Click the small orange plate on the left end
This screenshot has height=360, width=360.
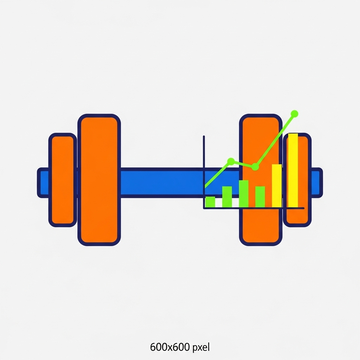(63, 180)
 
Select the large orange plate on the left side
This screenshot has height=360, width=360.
(99, 180)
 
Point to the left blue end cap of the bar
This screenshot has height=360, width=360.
(43, 182)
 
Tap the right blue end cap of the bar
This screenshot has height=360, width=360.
(317, 182)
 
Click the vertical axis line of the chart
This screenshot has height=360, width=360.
(204, 172)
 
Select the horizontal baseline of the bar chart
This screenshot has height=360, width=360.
(254, 208)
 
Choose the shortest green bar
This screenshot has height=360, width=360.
(210, 202)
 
